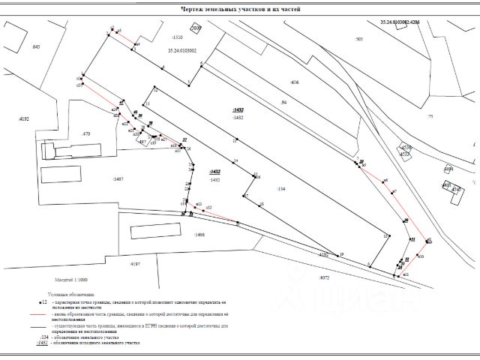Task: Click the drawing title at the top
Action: [x=239, y=10]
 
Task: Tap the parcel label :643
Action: [x=35, y=46]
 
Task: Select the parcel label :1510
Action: [x=177, y=36]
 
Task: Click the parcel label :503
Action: [x=359, y=39]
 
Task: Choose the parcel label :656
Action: [x=295, y=81]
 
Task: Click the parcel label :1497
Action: [x=117, y=179]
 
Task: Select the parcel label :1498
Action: [x=199, y=235]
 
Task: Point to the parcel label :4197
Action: [x=135, y=264]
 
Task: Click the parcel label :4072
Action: [x=324, y=277]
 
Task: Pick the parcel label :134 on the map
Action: [x=281, y=187]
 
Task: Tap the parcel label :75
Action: [x=430, y=117]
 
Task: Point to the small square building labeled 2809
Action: [x=196, y=28]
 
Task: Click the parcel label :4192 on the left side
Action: [x=22, y=118]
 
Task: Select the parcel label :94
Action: [x=283, y=101]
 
